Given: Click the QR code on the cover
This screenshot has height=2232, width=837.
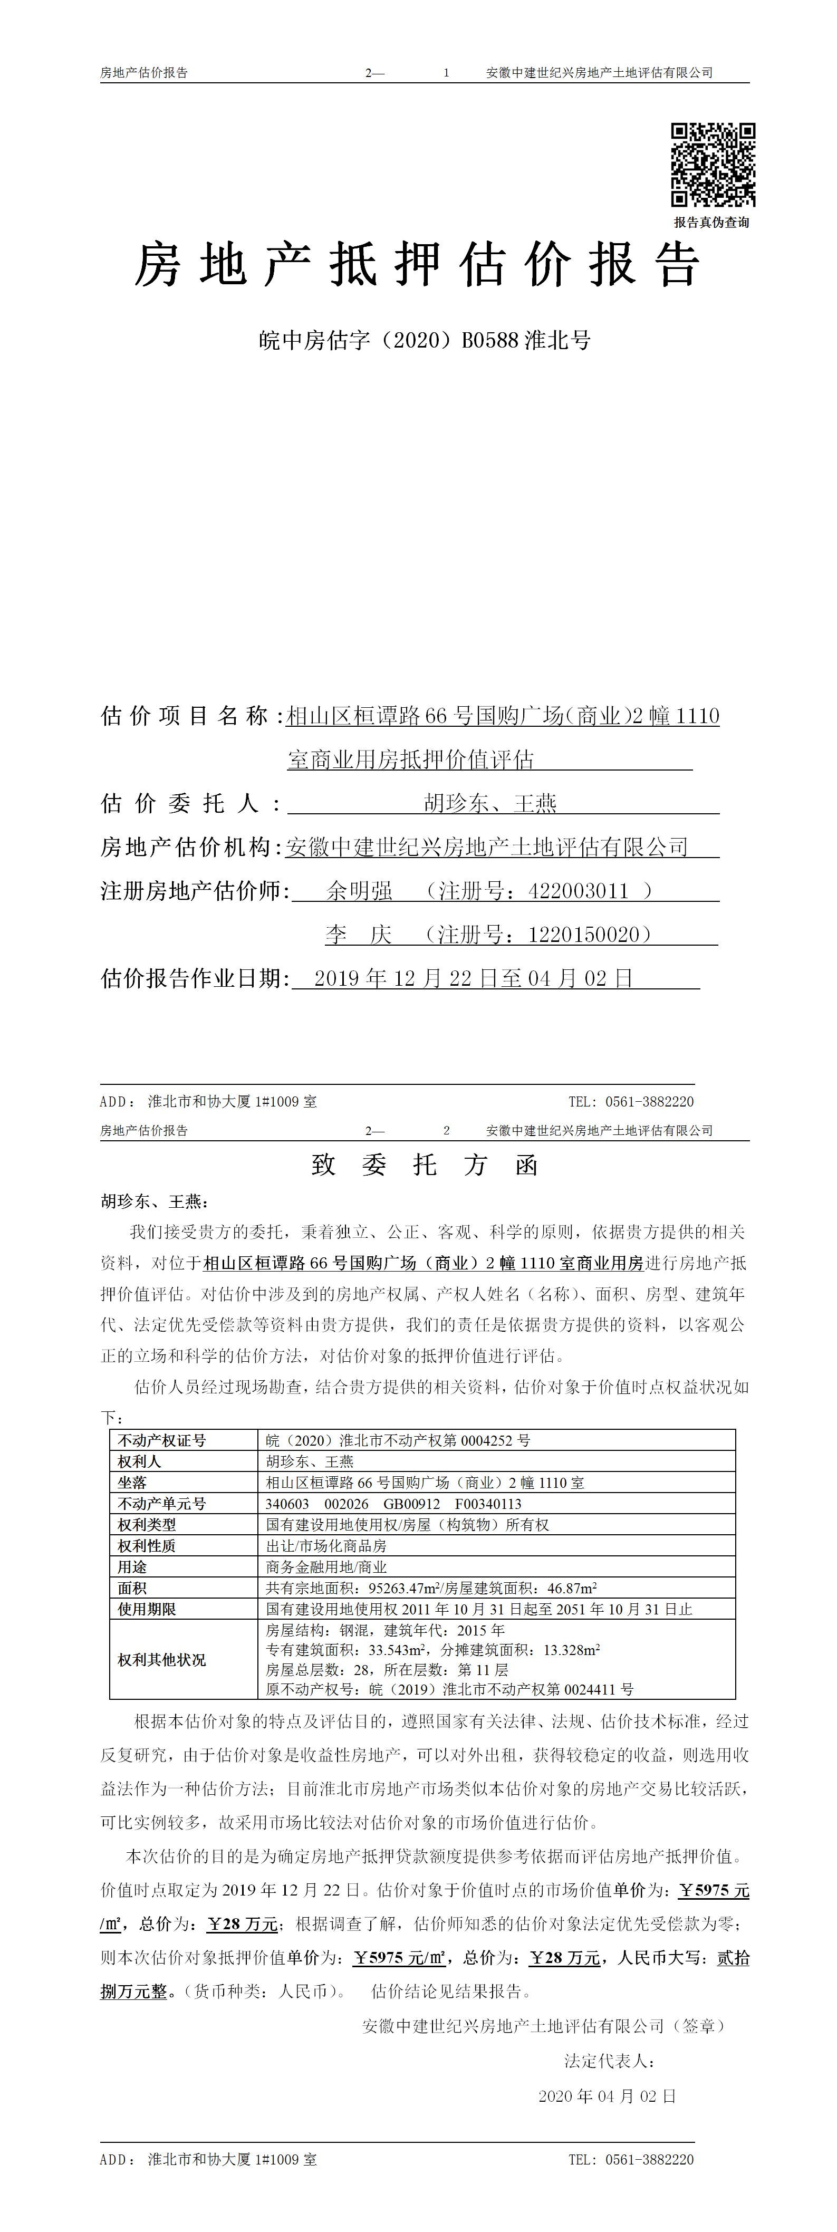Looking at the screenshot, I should [x=713, y=165].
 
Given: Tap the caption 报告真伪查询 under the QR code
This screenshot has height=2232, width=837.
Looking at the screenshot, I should [x=711, y=223].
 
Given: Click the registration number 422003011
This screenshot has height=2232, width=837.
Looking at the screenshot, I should [x=578, y=891].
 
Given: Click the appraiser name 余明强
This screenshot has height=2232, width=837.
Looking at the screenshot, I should [x=360, y=891].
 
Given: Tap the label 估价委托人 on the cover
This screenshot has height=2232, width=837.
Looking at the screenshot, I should [x=180, y=803].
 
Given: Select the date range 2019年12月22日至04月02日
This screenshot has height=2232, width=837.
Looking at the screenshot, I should [x=473, y=979].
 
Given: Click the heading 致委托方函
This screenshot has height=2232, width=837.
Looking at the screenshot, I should [x=425, y=1165].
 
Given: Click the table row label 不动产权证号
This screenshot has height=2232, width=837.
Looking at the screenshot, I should [x=162, y=1440].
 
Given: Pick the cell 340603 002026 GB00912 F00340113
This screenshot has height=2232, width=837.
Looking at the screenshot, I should [x=393, y=1503].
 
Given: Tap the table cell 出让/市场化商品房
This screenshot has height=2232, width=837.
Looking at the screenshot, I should [x=326, y=1546].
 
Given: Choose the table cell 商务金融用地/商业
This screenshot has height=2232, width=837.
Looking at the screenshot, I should [x=326, y=1566].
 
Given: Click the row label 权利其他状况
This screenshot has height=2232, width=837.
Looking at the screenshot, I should [x=162, y=1659].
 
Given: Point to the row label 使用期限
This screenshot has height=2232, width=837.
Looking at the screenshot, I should [x=147, y=1609].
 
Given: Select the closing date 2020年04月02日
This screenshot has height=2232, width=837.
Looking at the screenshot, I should [x=607, y=2096].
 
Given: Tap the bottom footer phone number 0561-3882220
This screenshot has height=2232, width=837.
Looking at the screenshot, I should [x=649, y=2159].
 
